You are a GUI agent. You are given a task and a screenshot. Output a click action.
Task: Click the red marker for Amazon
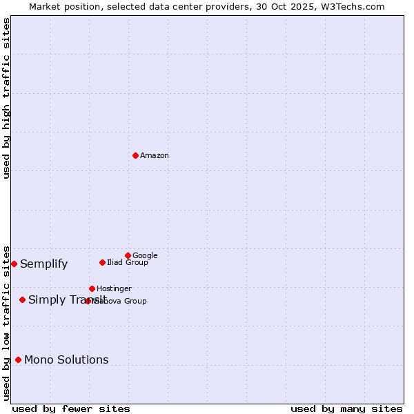tap(135, 155)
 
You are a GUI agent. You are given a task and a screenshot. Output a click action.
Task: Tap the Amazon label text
tap(155, 156)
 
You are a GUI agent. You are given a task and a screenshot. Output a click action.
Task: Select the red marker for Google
tap(128, 255)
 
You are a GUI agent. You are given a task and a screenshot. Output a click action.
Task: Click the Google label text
tap(145, 256)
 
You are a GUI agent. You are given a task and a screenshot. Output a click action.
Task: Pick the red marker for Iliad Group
tap(102, 262)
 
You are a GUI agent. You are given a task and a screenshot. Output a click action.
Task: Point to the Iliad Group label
tap(128, 263)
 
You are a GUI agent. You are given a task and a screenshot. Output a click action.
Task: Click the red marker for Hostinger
tap(92, 288)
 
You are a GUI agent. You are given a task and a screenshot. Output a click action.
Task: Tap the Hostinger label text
tap(114, 289)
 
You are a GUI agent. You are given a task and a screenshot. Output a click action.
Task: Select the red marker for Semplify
tap(14, 264)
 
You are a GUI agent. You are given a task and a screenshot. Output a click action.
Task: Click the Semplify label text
tap(44, 264)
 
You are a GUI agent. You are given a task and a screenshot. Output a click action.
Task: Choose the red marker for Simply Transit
tap(23, 299)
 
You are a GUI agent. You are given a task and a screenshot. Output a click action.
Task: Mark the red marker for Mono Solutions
tap(18, 359)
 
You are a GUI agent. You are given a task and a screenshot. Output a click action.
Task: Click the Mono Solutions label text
tap(66, 360)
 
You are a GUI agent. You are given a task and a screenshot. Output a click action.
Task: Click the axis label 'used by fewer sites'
tap(71, 408)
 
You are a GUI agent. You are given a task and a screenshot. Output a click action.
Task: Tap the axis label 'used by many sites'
tap(346, 408)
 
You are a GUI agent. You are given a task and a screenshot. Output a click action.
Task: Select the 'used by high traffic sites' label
tap(6, 98)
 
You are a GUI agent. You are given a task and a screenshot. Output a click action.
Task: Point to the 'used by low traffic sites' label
tap(6, 322)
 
